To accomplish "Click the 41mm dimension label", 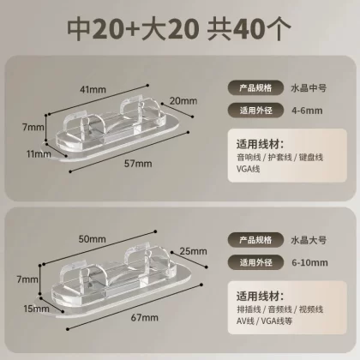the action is (x=93, y=89).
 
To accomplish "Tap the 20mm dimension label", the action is (x=183, y=101).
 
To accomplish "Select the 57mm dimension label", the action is (x=138, y=164).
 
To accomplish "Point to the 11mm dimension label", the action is (x=39, y=154).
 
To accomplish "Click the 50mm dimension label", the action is (x=93, y=239).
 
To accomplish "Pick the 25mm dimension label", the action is (x=194, y=251).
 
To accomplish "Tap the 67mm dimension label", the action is (x=145, y=318).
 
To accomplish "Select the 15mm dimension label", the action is (x=36, y=309).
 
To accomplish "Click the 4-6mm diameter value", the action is (x=307, y=111).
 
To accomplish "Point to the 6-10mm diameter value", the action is (x=309, y=262).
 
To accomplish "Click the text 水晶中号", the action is (x=309, y=88).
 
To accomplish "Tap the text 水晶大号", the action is (x=309, y=240).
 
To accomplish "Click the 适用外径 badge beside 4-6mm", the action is (x=255, y=111).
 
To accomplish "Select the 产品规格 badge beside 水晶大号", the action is (x=255, y=240).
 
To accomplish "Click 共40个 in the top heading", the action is (x=249, y=28).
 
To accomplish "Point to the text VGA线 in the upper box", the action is (x=248, y=169).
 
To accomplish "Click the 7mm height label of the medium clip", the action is (x=33, y=127).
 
